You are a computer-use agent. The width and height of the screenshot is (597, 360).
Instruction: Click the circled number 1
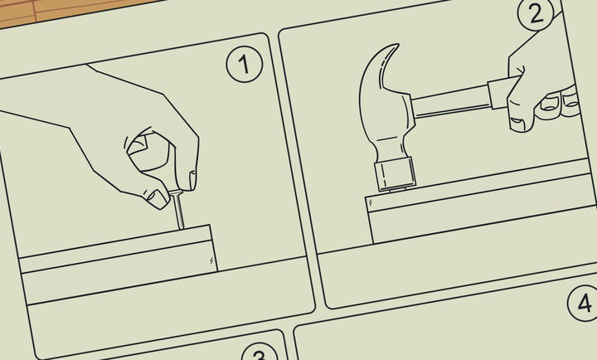pyautogui.click(x=244, y=64)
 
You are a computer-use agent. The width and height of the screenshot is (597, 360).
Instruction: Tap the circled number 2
pyautogui.click(x=536, y=14)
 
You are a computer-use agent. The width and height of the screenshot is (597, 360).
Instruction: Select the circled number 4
pyautogui.click(x=583, y=303)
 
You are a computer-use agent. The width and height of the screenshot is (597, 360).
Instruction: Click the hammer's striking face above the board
pyautogui.click(x=396, y=174)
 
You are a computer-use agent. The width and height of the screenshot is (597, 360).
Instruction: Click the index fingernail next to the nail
pyautogui.click(x=192, y=180)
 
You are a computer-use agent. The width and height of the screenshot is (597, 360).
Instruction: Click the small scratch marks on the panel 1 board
pyautogui.click(x=211, y=260)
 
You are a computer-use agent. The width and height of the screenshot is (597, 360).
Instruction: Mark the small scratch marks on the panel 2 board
pyautogui.click(x=371, y=203)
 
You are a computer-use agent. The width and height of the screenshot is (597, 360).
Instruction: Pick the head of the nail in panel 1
pyautogui.click(x=176, y=192)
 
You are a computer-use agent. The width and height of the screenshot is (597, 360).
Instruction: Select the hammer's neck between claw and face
pyautogui.click(x=388, y=147)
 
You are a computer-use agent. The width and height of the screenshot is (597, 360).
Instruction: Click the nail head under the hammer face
pyautogui.click(x=397, y=189)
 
